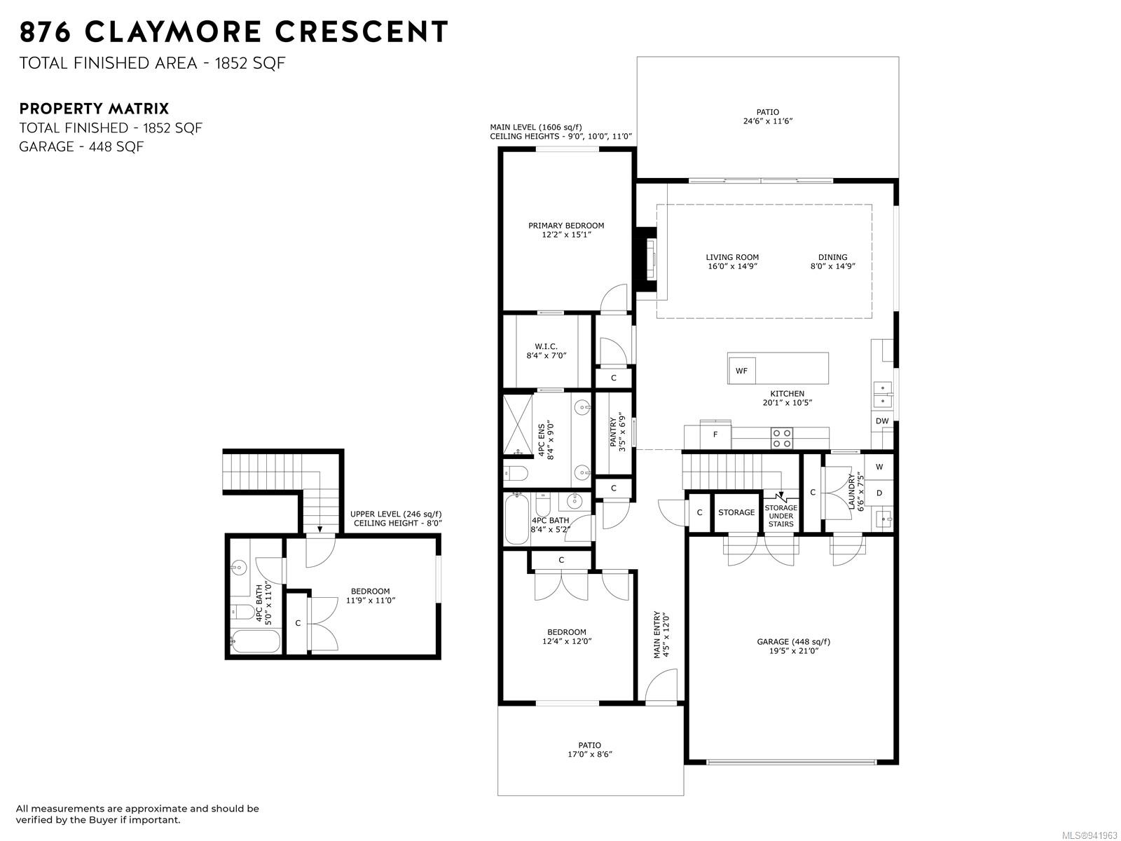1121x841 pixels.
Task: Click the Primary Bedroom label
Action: pos(566,225)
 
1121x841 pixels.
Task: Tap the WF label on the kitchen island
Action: pos(741,371)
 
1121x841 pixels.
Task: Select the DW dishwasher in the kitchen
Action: pos(882,421)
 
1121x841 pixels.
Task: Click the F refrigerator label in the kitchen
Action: pos(715,435)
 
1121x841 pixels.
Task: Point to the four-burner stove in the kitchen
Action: pos(781,438)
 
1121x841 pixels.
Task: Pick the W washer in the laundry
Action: pos(879,467)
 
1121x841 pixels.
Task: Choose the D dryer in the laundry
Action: pos(879,493)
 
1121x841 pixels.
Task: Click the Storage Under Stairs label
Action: pos(780,516)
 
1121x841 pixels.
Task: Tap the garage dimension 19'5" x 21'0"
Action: pos(793,651)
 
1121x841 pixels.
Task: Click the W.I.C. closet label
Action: pos(546,347)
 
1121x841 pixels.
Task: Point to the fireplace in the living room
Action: pos(645,259)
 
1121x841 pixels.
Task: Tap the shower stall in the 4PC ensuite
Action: pos(518,424)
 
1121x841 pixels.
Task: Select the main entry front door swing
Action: pos(661,685)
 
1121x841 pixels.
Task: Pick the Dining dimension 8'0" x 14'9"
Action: pos(832,266)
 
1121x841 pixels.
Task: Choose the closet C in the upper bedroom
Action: pos(298,623)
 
